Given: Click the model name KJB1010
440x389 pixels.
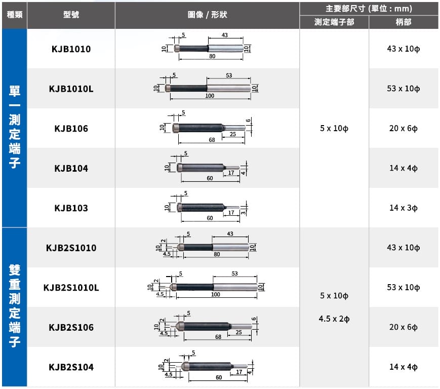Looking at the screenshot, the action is tap(71, 49).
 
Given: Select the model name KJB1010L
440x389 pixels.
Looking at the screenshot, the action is tap(71, 89).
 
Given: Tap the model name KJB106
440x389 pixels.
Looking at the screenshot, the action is tap(71, 129).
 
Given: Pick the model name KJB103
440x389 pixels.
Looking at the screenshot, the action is tap(71, 208).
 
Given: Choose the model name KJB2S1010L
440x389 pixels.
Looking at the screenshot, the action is tap(71, 288).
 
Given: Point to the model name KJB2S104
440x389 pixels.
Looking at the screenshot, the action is tap(71, 367).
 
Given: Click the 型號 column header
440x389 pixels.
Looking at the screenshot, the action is tap(71, 15).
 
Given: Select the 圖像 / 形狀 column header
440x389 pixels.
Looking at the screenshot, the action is tap(207, 15).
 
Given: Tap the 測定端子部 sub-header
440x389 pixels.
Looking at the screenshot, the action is tap(334, 22).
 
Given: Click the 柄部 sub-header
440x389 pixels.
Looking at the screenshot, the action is tap(404, 22).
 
